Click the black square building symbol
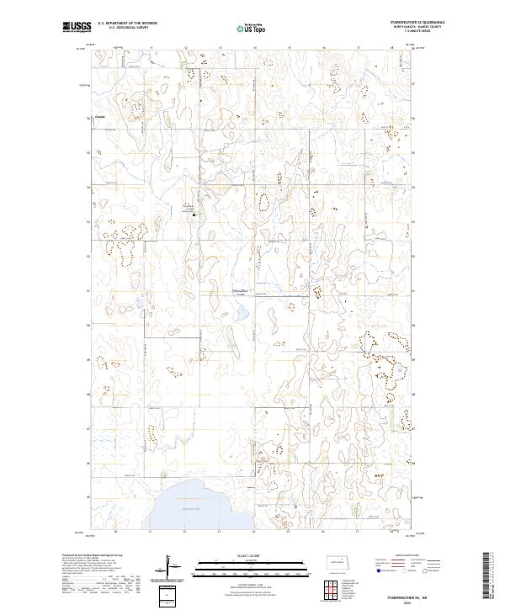click(x=195, y=215)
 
